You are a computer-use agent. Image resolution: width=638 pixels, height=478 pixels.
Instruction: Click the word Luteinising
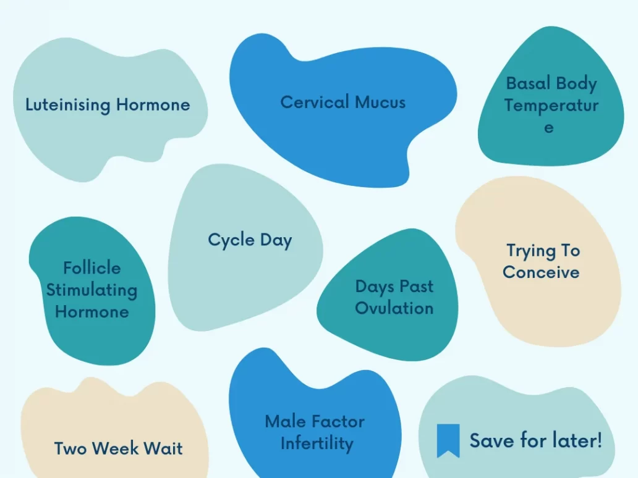point(68,105)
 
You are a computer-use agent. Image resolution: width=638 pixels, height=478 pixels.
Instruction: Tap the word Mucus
point(380,103)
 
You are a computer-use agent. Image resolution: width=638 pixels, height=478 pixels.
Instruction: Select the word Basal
point(528,83)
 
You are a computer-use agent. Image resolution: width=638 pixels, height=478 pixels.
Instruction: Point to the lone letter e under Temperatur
point(549,128)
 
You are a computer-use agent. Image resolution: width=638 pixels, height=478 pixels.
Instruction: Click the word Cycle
point(231,240)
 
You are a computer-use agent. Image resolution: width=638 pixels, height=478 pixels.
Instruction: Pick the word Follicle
point(92,268)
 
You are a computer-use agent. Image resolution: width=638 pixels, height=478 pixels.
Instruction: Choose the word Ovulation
point(394,308)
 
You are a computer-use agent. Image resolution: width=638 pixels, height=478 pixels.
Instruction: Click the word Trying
point(530,251)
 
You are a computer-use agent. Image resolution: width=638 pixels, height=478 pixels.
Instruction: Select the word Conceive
point(541,272)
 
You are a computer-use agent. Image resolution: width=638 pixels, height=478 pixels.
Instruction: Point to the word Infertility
point(317,443)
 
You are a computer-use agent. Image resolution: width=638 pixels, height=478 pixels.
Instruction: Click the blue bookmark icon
point(448,440)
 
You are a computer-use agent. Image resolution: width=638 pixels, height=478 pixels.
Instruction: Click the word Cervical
point(315,102)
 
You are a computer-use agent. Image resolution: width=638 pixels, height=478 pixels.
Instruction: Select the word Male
point(285,422)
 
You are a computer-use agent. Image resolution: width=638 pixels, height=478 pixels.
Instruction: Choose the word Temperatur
point(551,106)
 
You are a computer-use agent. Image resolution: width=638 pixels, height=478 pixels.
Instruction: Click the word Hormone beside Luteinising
point(153,105)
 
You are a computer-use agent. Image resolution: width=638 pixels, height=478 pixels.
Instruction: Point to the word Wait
point(163,448)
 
